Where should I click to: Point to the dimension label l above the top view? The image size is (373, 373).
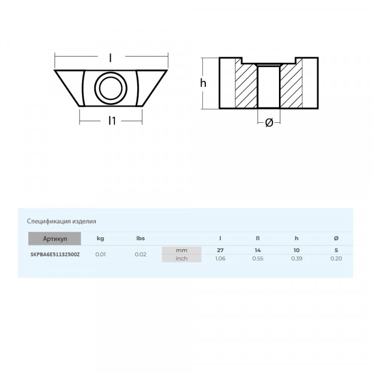point(110,58)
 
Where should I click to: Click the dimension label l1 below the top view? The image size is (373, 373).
point(112,121)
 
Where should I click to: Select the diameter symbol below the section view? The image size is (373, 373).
point(269,122)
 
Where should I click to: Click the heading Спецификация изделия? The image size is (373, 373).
point(61,221)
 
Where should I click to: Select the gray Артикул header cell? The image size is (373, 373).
point(54,239)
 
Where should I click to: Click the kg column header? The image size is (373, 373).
point(100,239)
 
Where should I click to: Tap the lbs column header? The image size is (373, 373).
point(140,239)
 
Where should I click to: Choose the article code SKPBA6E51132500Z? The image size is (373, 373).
point(54,254)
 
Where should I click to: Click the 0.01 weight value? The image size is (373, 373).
point(100,254)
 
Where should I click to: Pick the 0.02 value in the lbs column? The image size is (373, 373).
point(140,254)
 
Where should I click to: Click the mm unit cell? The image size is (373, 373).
point(182,250)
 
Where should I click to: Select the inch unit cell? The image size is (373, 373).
point(182,258)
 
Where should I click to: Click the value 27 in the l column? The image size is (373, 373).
point(221,250)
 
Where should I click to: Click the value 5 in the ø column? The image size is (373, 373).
point(336,250)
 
